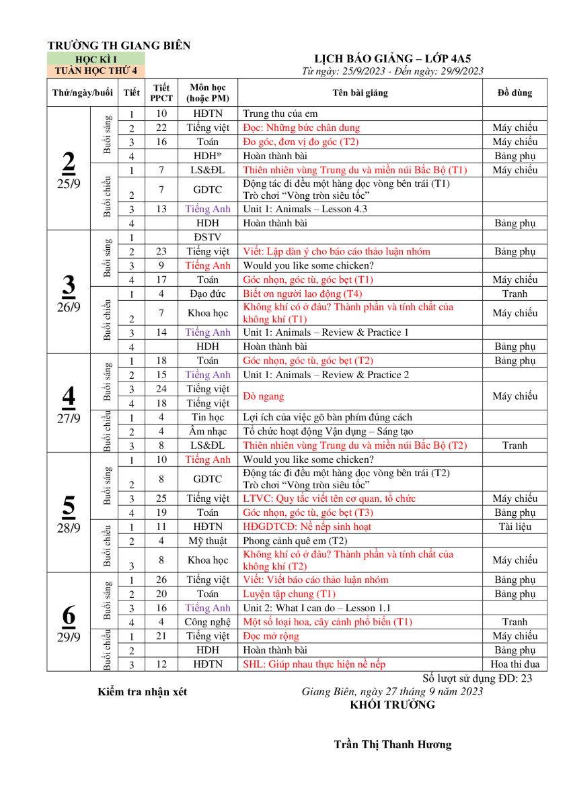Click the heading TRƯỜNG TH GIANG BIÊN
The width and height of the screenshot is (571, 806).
pyautogui.click(x=119, y=46)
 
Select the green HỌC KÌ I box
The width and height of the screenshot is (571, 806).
pyautogui.click(x=96, y=60)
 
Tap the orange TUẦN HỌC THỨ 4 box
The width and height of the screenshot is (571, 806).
pyautogui.click(x=96, y=70)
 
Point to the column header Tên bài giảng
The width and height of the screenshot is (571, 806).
pyautogui.click(x=360, y=93)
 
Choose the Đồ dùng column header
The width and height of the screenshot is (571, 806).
pyautogui.click(x=515, y=93)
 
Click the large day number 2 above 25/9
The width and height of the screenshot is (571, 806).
pyautogui.click(x=69, y=162)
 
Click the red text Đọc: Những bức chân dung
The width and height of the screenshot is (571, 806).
pyautogui.click(x=301, y=128)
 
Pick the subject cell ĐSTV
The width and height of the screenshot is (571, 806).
pyautogui.click(x=207, y=237)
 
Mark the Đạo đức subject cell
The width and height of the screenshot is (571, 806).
pyautogui.click(x=207, y=294)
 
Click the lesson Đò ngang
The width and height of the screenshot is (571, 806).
pyautogui.click(x=264, y=396)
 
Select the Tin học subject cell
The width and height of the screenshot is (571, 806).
pyautogui.click(x=207, y=417)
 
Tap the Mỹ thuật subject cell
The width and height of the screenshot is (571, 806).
pyautogui.click(x=207, y=541)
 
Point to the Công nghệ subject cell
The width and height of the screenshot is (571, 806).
pyautogui.click(x=207, y=622)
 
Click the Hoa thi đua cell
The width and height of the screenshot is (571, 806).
pyautogui.click(x=515, y=664)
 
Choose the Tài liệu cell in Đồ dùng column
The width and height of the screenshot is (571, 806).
pyautogui.click(x=515, y=527)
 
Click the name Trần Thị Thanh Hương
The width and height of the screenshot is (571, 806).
pyautogui.click(x=393, y=744)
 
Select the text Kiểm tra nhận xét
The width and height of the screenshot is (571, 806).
pyautogui.click(x=143, y=692)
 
